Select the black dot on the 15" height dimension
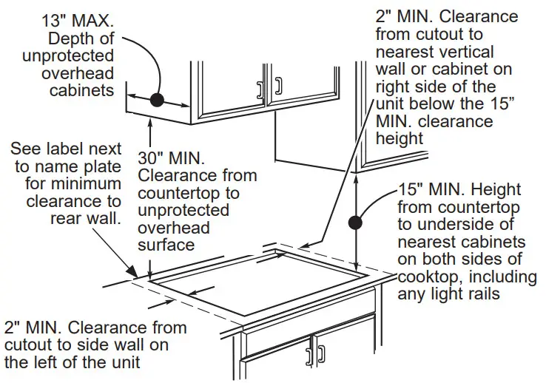(357, 220)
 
